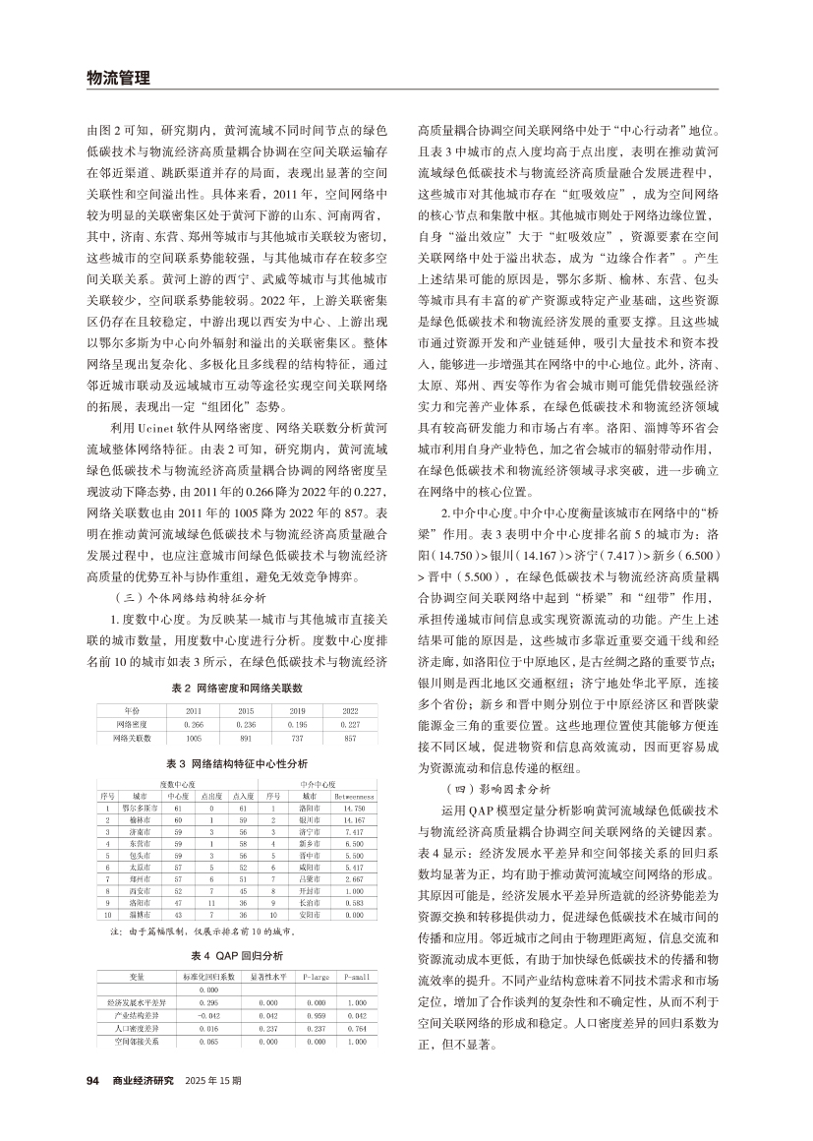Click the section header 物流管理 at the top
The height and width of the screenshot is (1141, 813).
click(118, 79)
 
